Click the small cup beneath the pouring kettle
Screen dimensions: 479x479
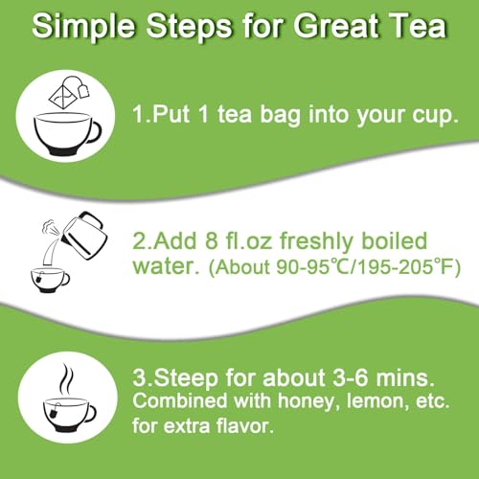(x=50, y=278)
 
